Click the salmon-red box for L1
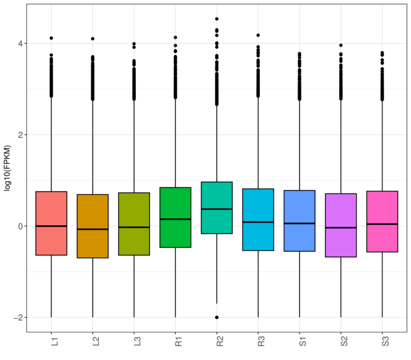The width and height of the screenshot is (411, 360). (x=51, y=240)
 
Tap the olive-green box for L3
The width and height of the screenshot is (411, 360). (x=134, y=240)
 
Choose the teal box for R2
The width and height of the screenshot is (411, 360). (x=217, y=194)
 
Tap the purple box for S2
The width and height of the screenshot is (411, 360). (x=341, y=240)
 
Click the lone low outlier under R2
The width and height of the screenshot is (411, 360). (x=217, y=317)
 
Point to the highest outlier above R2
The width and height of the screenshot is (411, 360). (x=217, y=19)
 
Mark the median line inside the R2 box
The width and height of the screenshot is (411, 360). (x=217, y=209)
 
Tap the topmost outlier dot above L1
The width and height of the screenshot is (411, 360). (x=51, y=38)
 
